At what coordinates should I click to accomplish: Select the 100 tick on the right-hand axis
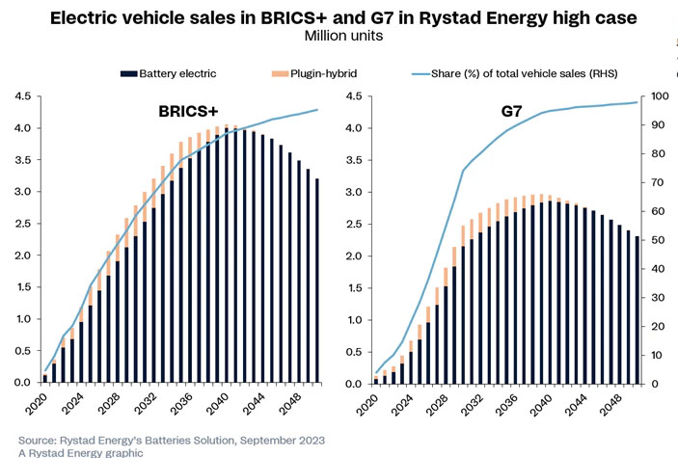tap(658, 96)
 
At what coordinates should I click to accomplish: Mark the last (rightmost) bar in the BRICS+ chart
tap(315, 281)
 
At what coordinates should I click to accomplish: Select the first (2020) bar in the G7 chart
tap(375, 380)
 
